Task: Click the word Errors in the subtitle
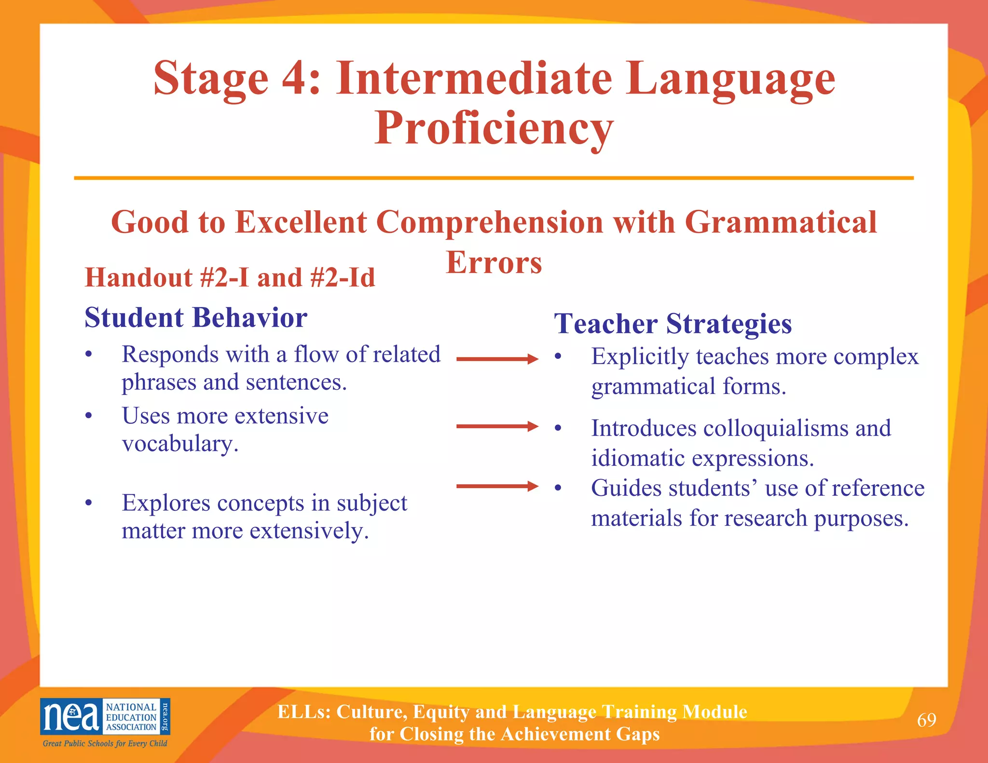[x=494, y=263]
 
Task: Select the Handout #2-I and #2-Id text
[x=230, y=278]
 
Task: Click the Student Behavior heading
[x=196, y=318]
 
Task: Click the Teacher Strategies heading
[x=672, y=324]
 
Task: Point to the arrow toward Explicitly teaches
[x=497, y=359]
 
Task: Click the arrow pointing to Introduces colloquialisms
[x=497, y=426]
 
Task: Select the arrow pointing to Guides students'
[x=497, y=486]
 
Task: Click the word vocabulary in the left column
[x=179, y=444]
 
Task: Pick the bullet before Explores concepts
[x=88, y=504]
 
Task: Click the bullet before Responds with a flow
[x=88, y=355]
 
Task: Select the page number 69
[x=926, y=720]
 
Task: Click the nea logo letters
[x=71, y=717]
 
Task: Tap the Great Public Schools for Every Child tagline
[x=105, y=744]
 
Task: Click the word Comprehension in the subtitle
[x=489, y=222]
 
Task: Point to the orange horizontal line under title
[x=494, y=178]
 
